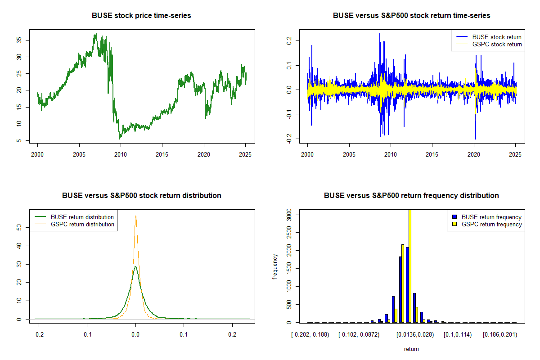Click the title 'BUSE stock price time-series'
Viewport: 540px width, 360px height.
pyautogui.click(x=141, y=16)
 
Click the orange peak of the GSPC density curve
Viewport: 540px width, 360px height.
pyautogui.click(x=135, y=216)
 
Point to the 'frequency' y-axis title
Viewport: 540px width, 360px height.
pyautogui.click(x=275, y=267)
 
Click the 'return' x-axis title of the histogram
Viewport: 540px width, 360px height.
pyautogui.click(x=411, y=349)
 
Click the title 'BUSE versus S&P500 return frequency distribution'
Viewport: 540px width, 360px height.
pyautogui.click(x=411, y=196)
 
